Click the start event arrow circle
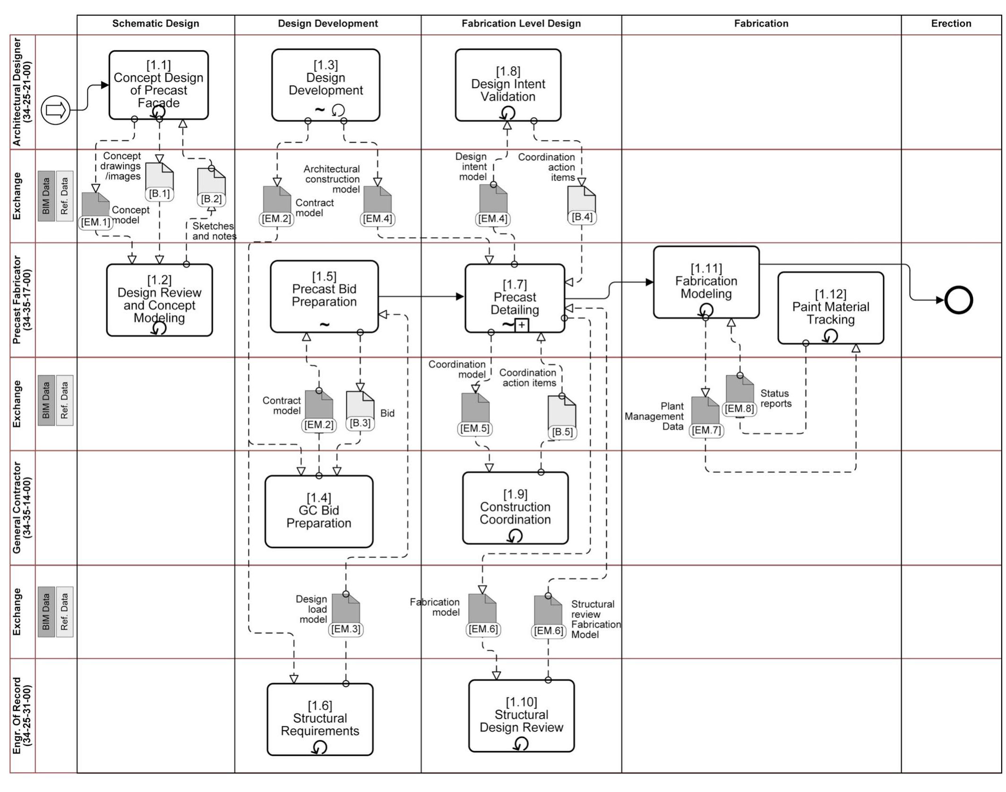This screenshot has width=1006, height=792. click(55, 111)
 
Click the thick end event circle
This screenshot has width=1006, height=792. click(958, 300)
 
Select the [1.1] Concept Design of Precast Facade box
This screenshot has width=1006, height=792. click(158, 85)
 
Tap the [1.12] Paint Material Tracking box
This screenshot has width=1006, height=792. click(830, 307)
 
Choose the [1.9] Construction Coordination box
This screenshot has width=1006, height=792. click(515, 508)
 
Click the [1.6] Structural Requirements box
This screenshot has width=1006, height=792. click(320, 719)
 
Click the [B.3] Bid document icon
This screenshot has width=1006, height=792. click(360, 407)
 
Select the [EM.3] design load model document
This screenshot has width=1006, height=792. click(346, 611)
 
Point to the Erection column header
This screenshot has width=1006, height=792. click(951, 24)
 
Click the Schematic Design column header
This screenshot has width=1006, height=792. click(155, 24)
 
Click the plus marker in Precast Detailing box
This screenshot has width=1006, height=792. click(521, 325)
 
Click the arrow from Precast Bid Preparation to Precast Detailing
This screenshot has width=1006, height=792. click(421, 297)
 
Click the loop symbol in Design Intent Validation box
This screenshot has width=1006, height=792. click(507, 113)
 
